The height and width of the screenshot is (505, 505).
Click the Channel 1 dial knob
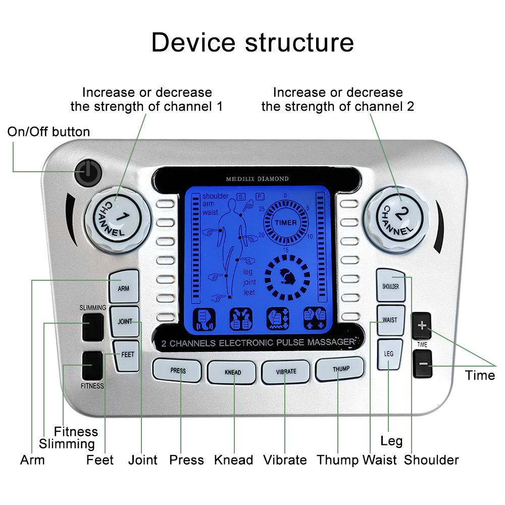point(118,217)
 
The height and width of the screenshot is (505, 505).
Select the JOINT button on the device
point(125,321)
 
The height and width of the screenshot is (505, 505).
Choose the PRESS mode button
point(178,371)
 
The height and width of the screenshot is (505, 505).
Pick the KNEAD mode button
point(232,373)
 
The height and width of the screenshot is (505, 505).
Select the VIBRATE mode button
point(286,372)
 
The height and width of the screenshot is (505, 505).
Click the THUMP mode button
point(340,369)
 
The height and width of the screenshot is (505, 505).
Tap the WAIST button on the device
point(390,320)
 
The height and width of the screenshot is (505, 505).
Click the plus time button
point(422,326)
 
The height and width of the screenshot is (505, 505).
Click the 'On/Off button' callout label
point(48,132)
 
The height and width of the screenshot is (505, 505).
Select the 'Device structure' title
point(252,42)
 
